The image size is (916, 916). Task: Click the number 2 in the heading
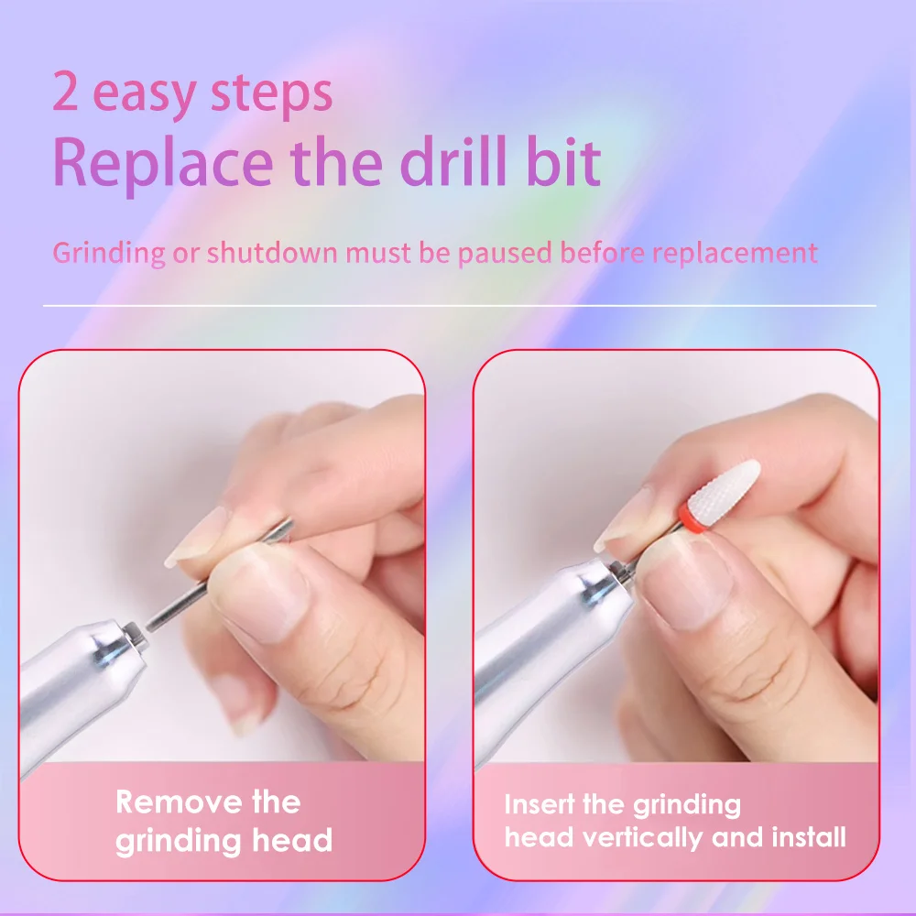(65, 91)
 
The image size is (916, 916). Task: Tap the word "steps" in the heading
(272, 95)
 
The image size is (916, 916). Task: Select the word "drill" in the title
(453, 160)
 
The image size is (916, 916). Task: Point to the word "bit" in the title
(563, 160)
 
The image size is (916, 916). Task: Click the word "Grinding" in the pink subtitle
(109, 254)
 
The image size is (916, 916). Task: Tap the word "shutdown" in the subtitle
(272, 253)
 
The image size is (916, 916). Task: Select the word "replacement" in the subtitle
(735, 254)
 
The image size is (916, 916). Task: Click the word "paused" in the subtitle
(505, 254)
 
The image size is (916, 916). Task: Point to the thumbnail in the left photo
(262, 591)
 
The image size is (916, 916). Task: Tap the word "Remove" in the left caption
(179, 801)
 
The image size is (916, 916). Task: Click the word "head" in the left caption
(292, 840)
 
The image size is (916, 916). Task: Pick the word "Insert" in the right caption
(540, 804)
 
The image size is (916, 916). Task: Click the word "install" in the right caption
(809, 836)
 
